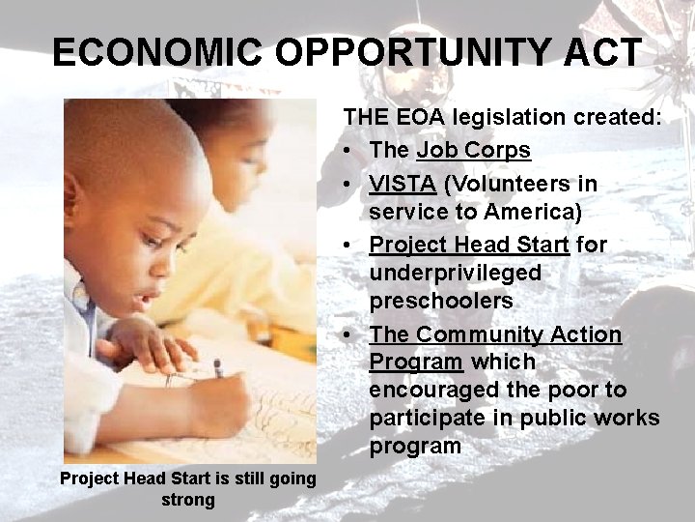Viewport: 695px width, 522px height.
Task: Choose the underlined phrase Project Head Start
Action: pos(469,245)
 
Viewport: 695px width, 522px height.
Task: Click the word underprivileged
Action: pos(455,273)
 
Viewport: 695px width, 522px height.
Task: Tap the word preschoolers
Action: pos(440,301)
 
